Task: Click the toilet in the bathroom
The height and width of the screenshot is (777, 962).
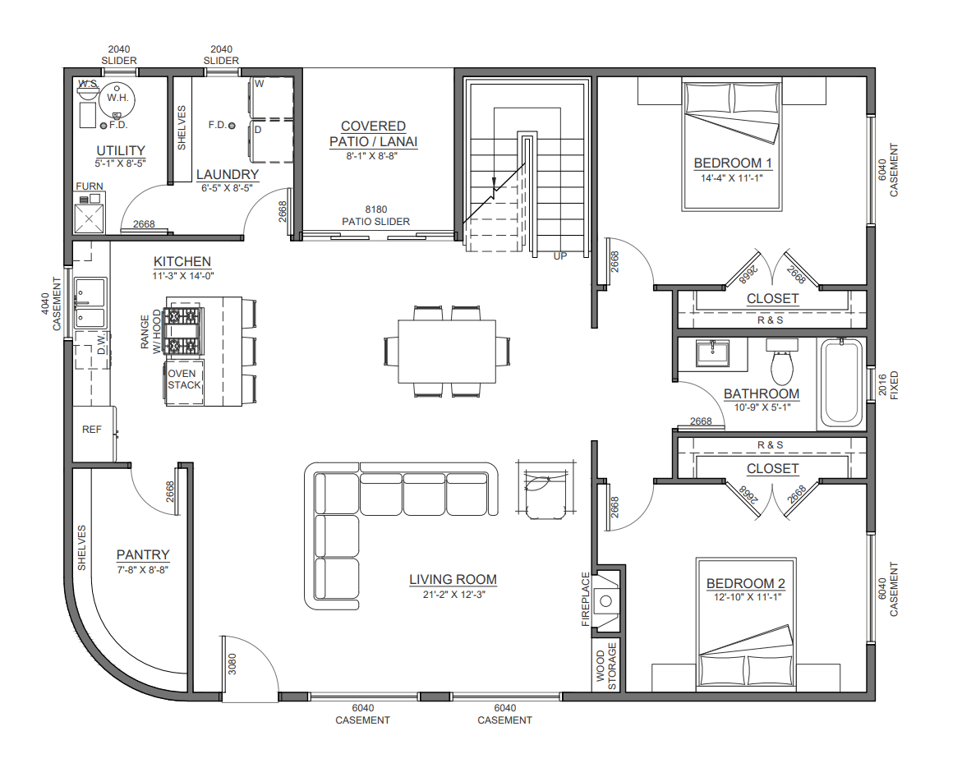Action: click(781, 362)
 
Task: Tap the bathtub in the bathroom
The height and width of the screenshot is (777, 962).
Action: click(841, 384)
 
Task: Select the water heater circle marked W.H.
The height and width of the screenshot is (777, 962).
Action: click(116, 99)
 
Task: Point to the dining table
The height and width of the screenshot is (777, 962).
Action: click(447, 351)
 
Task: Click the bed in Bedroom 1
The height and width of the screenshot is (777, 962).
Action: click(732, 144)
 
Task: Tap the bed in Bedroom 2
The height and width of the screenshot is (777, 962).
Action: click(746, 622)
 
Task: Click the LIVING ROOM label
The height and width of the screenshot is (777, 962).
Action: click(453, 580)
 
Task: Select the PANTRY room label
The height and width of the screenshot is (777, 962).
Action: click(143, 554)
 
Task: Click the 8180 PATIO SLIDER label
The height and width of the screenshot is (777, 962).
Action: click(375, 215)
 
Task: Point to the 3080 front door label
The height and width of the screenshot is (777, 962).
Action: click(232, 664)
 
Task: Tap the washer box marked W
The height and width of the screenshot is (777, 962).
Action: click(271, 98)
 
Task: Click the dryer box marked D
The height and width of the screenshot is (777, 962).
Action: click(271, 141)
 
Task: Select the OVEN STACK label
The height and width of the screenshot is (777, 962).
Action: click(184, 379)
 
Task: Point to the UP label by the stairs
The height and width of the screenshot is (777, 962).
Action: click(560, 256)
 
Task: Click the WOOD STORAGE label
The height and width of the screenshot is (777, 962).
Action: click(606, 666)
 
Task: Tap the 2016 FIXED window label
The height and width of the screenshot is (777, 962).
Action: click(888, 385)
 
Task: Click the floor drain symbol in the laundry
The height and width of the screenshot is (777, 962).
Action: click(232, 126)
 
